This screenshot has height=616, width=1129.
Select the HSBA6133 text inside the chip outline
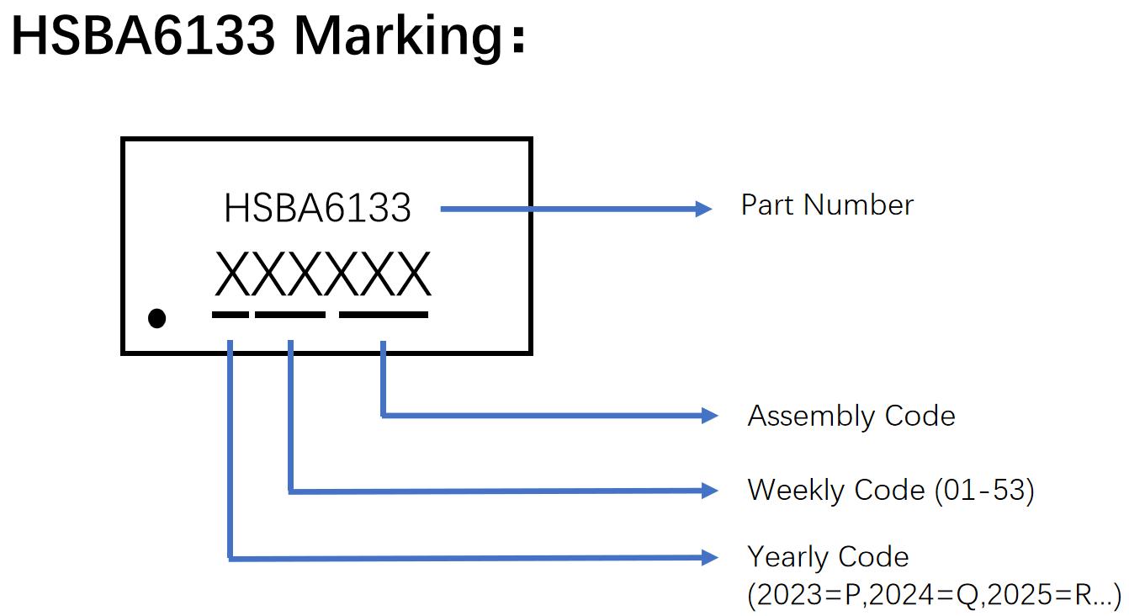317,208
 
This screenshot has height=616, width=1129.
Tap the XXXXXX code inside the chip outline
322,274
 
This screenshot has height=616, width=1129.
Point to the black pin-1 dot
156,318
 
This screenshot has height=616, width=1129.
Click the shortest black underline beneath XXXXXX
231,315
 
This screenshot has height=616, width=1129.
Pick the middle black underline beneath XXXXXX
290,315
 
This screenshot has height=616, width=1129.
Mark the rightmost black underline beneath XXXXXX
384,315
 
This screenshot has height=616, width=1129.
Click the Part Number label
827,205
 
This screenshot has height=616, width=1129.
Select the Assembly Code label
851,416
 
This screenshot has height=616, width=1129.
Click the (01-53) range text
983,489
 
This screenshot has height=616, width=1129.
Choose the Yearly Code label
828,556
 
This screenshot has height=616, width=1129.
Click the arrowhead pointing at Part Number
704,209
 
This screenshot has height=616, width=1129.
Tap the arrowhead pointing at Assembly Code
710,415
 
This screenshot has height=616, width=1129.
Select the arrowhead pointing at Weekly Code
710,490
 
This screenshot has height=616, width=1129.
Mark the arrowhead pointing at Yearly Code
710,557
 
